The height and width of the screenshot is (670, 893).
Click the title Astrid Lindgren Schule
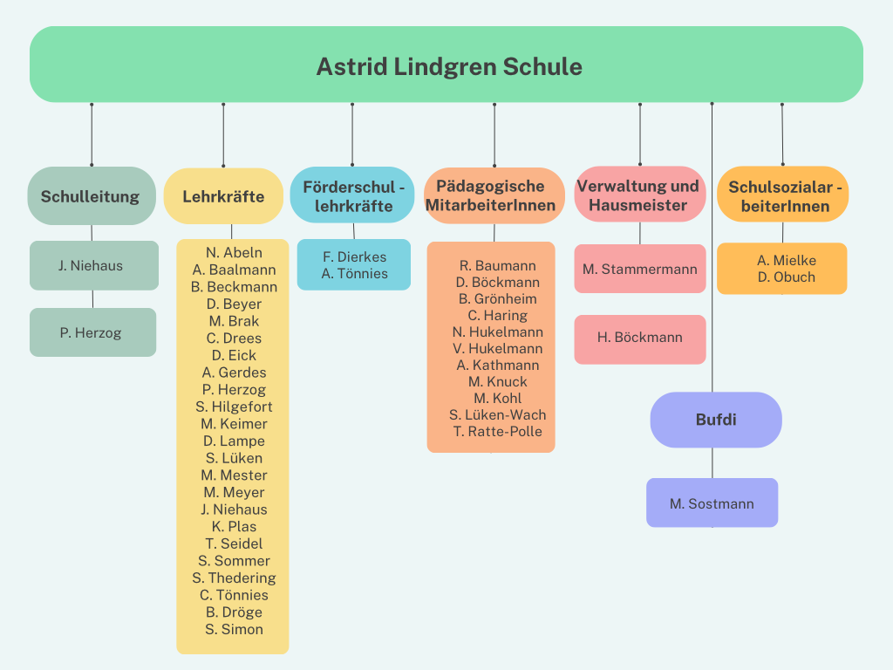[x=449, y=66]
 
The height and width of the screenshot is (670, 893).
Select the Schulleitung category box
[x=92, y=196]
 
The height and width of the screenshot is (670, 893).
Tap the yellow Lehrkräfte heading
[x=223, y=196]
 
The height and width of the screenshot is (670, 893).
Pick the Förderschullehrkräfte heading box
[x=352, y=195]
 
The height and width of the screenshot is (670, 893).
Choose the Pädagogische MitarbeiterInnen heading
[x=494, y=195]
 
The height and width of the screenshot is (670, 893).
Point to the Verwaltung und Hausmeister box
[x=640, y=195]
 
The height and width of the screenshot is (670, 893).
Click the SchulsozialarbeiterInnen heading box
[x=782, y=195]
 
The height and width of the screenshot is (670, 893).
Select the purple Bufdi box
[x=716, y=420]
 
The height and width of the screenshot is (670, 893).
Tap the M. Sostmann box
[x=712, y=502]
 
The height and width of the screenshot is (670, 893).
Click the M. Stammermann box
[x=640, y=269]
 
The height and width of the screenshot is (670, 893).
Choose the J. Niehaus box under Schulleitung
[x=94, y=265]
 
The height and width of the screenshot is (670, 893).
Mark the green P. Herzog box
[x=92, y=332]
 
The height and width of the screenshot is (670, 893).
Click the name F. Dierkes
[x=354, y=257]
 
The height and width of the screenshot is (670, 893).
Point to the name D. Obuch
[x=787, y=277]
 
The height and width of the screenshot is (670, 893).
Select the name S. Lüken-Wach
[x=498, y=414]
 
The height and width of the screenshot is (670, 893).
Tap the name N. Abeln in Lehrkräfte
[x=234, y=252]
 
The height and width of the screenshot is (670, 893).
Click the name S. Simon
[x=234, y=630]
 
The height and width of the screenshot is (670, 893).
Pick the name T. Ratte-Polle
[x=498, y=431]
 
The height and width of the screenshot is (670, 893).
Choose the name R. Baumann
[x=498, y=265]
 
